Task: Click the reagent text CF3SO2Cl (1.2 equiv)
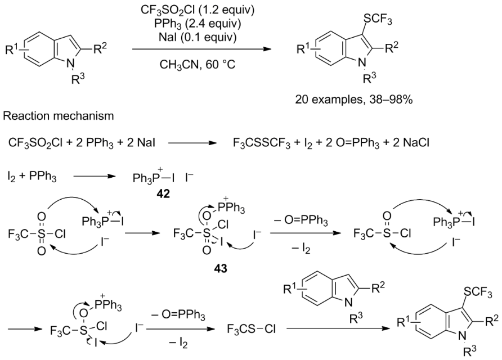pos(198,10)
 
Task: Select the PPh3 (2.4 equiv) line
pos(198,24)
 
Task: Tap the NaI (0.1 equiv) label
pos(198,37)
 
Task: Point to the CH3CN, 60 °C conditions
pos(198,65)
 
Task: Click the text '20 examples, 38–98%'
pos(354,100)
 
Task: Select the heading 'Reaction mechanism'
pos(59,115)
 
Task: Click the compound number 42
pos(163,193)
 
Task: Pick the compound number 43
pos(221,268)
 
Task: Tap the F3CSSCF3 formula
pos(262,142)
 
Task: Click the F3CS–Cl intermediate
pos(252,328)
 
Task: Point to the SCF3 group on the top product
pos(378,19)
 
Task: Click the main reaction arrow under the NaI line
pos(201,49)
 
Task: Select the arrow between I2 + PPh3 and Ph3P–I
pos(95,176)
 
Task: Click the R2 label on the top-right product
pos(392,48)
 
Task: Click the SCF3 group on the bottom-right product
pos(477,292)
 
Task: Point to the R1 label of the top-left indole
pos(12,49)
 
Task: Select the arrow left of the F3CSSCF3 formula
pos(192,143)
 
